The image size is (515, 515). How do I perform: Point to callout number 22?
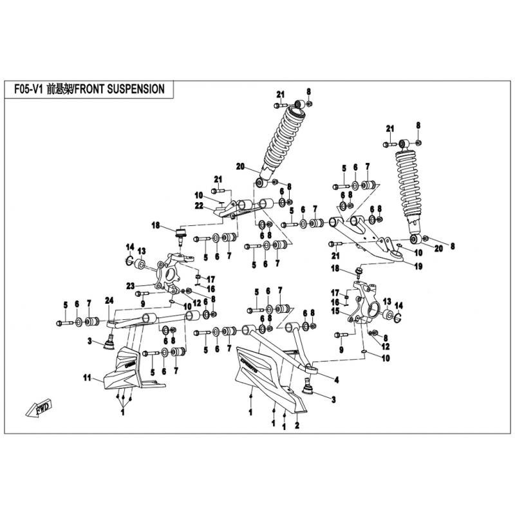[200, 205]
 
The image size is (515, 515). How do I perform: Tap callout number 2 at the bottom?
[297, 426]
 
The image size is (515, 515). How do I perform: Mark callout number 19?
[418, 265]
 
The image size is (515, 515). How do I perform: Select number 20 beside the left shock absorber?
[241, 166]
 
